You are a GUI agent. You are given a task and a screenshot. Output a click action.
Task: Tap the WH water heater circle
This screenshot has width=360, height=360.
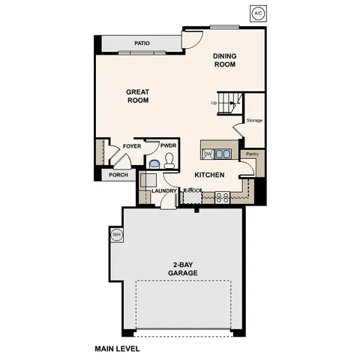click(x=116, y=235)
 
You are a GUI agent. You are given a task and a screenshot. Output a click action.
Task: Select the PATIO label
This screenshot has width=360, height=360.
click(x=142, y=43)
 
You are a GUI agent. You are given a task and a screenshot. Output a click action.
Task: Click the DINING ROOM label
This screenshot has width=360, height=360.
click(x=224, y=60)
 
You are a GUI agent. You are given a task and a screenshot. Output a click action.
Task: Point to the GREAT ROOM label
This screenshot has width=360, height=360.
click(x=137, y=96)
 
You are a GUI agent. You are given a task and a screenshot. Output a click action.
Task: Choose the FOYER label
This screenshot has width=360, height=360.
click(x=132, y=146)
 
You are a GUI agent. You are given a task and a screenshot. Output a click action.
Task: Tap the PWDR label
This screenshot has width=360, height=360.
click(x=167, y=146)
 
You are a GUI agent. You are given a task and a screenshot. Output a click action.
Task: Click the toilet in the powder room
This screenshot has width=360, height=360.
click(x=170, y=160)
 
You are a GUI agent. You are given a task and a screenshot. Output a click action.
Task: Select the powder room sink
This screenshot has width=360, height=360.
click(x=154, y=163)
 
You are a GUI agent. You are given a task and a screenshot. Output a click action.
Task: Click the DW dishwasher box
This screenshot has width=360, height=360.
click(x=208, y=154)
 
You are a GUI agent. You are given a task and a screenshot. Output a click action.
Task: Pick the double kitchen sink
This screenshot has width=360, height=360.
click(x=223, y=154)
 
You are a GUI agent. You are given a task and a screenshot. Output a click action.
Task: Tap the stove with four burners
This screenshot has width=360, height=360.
click(x=222, y=197)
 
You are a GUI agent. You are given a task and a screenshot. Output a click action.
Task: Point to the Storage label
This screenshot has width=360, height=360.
click(x=254, y=119)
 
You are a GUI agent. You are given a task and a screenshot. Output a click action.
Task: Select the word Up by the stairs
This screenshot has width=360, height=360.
click(x=214, y=103)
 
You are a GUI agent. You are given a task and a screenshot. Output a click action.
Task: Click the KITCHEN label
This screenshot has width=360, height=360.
click(x=210, y=175)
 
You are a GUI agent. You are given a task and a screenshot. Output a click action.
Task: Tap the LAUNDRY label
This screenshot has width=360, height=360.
click(x=163, y=190)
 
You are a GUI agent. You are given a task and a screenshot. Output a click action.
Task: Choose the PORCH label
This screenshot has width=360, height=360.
click(x=118, y=175)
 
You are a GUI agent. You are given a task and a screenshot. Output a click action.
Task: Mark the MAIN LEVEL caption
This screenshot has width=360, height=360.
click(x=117, y=348)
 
